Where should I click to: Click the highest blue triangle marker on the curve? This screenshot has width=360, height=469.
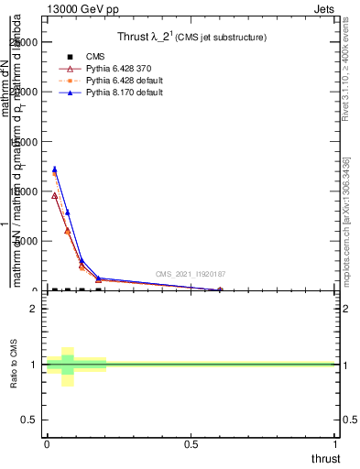click(54, 169)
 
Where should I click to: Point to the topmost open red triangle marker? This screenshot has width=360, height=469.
click(54, 195)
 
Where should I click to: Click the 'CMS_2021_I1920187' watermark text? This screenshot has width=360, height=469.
click(191, 273)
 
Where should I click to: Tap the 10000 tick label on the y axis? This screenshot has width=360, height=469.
click(24, 191)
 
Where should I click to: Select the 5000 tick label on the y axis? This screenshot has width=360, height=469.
click(27, 241)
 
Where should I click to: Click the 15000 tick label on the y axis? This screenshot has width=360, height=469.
click(24, 142)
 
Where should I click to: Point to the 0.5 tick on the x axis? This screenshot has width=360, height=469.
click(192, 444)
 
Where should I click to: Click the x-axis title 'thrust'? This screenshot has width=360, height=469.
click(324, 458)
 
